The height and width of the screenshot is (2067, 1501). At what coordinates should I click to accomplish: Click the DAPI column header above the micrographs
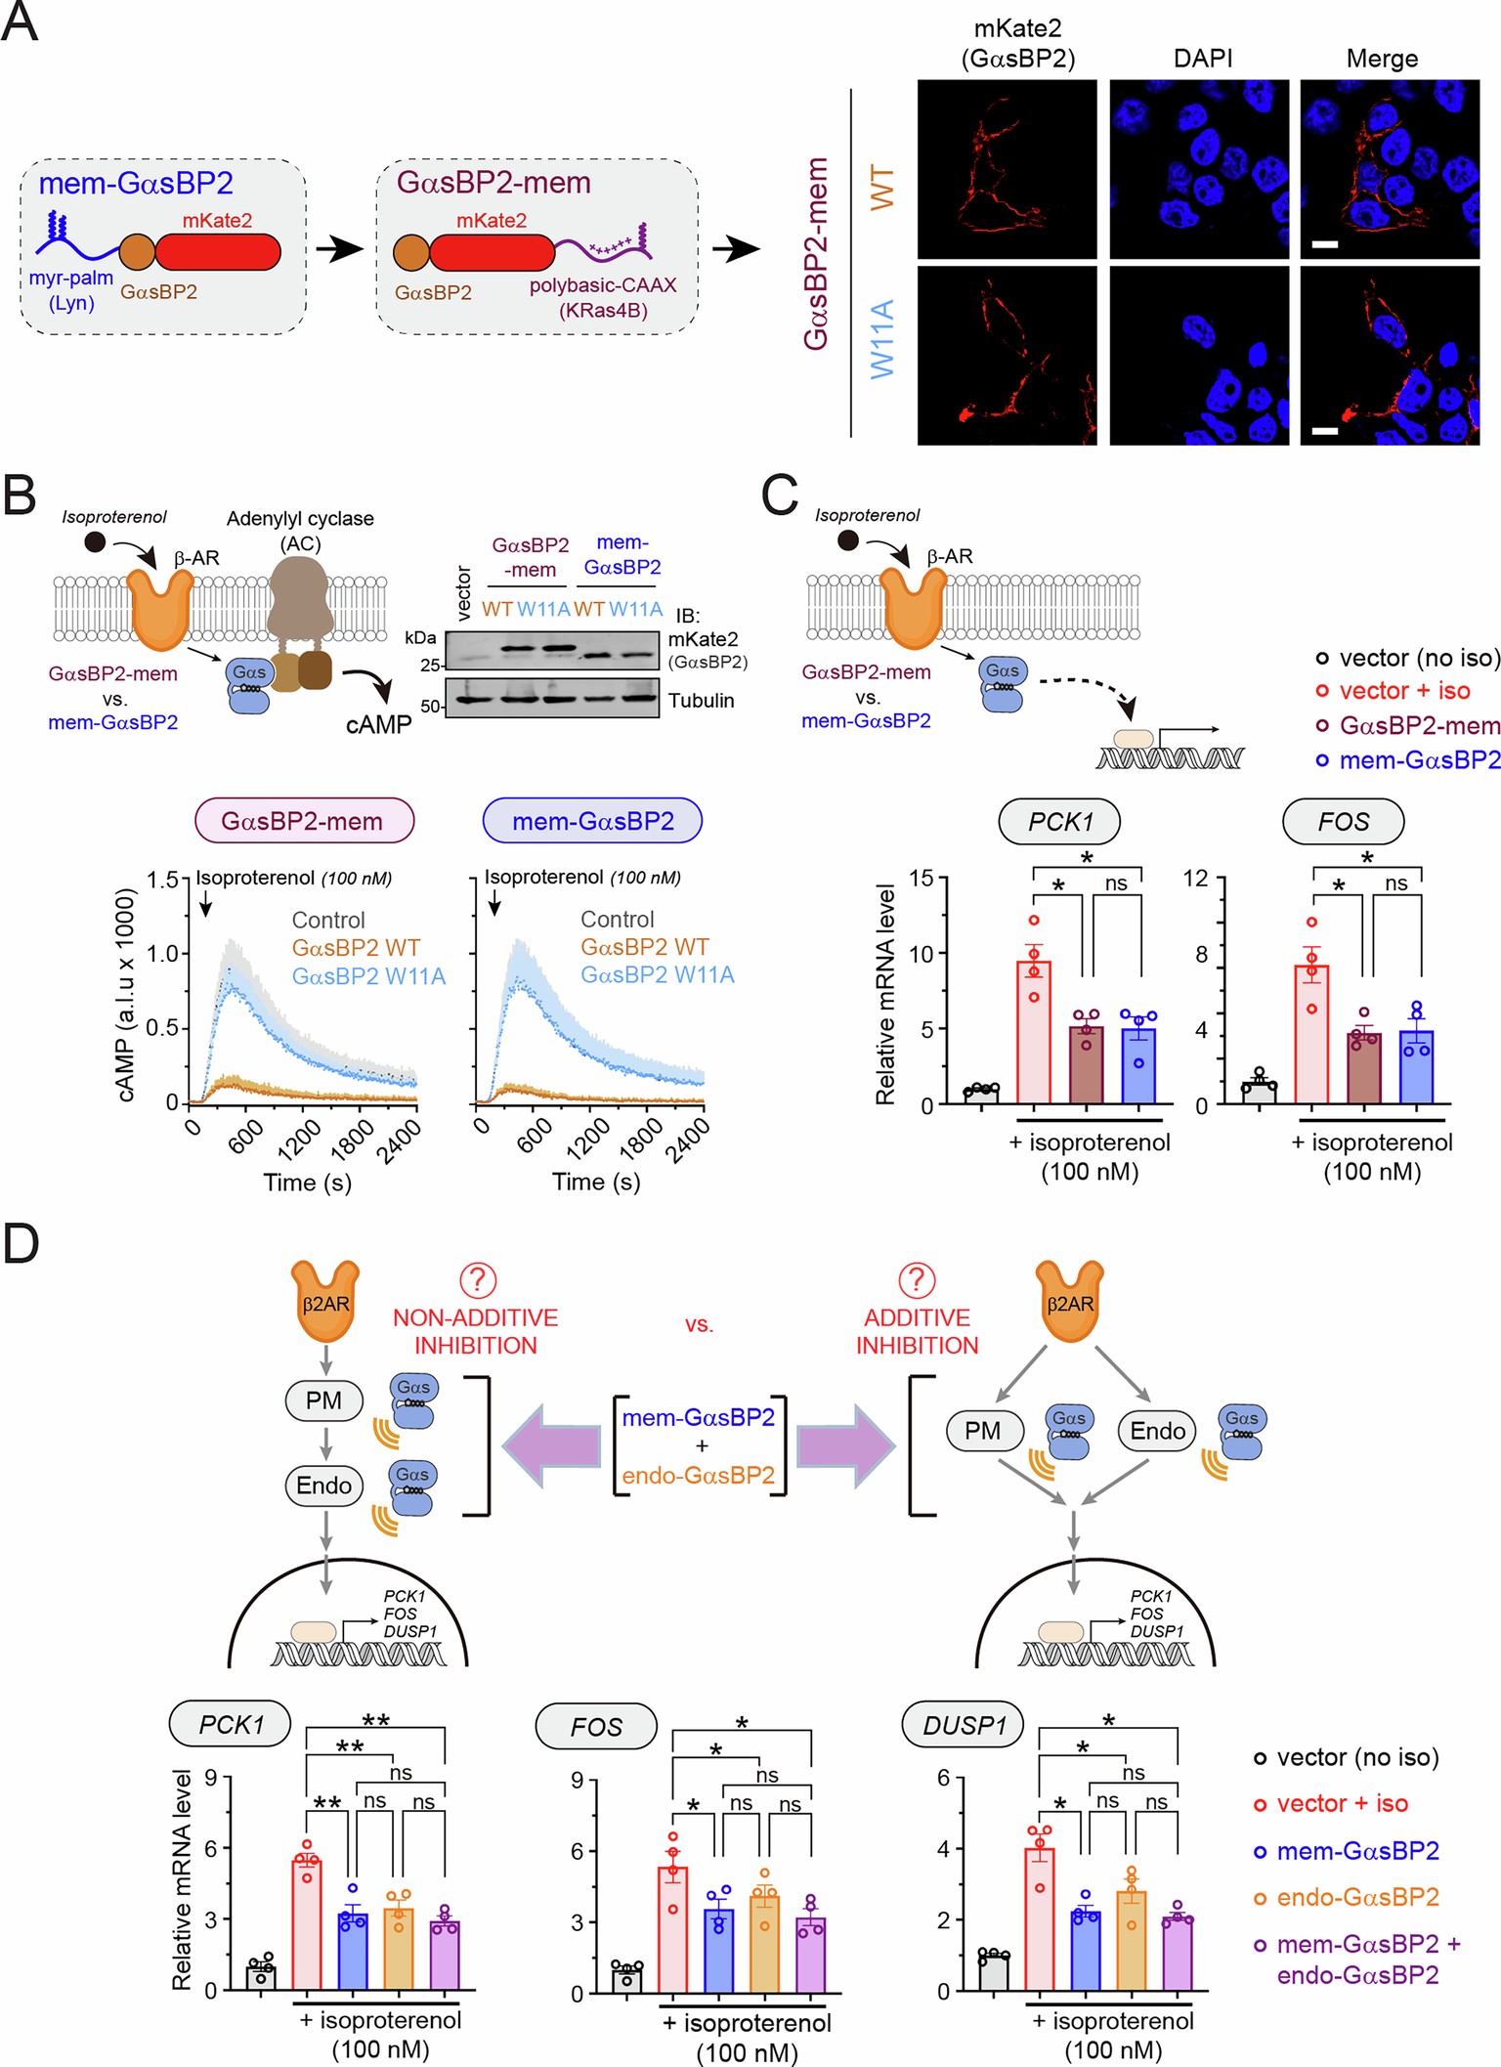click(1203, 59)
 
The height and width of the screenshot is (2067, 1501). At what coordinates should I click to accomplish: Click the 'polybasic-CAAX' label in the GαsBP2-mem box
click(603, 285)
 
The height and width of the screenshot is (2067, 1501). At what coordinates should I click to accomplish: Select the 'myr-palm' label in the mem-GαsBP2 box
click(70, 278)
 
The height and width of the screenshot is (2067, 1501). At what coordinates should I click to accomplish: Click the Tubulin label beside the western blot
click(701, 700)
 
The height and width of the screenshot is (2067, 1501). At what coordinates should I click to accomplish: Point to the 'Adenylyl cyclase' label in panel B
click(300, 518)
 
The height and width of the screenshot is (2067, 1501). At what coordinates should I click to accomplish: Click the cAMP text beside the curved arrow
click(379, 724)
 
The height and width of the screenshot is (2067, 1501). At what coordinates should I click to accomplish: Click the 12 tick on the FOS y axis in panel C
click(1195, 878)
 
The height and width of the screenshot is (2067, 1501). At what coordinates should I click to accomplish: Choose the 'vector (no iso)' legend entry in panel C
click(1408, 658)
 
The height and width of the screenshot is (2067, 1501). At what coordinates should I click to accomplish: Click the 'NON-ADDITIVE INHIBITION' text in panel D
click(475, 1331)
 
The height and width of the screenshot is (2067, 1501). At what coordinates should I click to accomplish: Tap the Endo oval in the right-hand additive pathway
click(1157, 1431)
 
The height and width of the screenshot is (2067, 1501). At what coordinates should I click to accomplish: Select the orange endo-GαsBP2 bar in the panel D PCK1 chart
click(398, 1949)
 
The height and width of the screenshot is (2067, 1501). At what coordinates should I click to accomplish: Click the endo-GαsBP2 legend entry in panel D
click(1356, 1897)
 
